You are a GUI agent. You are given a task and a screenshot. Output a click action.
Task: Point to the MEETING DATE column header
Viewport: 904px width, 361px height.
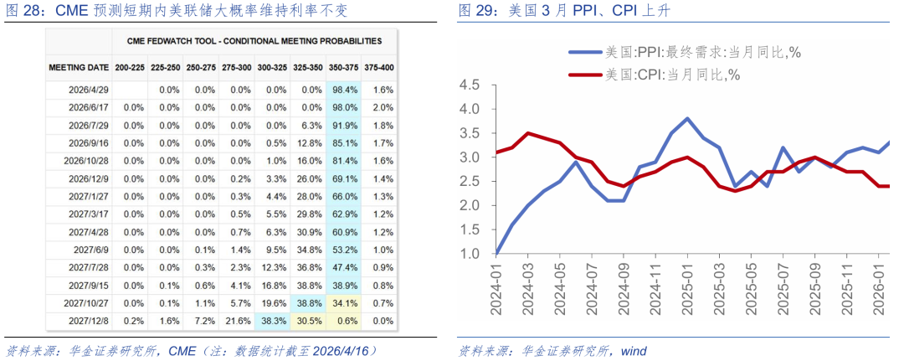pyautogui.click(x=79, y=67)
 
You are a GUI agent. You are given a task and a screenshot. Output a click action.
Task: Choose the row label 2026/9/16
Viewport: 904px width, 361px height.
pyautogui.click(x=86, y=142)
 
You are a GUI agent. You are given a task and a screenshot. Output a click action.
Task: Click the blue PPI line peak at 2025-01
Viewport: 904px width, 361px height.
pyautogui.click(x=686, y=118)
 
